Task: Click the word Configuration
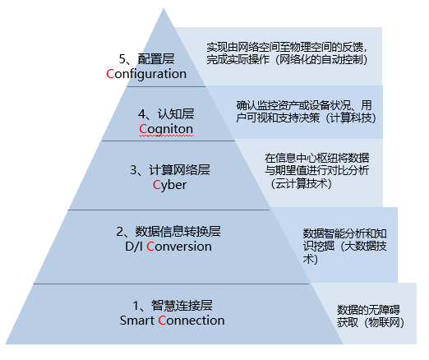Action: (146, 74)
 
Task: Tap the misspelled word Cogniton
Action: (166, 129)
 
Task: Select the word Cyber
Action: (169, 185)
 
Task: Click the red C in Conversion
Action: (150, 247)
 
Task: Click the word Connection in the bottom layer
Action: (191, 321)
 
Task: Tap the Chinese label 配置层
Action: (156, 59)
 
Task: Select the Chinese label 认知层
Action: (176, 114)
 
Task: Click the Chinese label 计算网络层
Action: (179, 170)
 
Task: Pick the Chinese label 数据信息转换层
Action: (178, 232)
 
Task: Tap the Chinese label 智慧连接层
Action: (182, 306)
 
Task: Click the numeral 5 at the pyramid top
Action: (122, 59)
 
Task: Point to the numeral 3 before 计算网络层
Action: (133, 170)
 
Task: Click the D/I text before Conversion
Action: (134, 247)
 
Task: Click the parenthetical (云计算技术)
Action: (301, 183)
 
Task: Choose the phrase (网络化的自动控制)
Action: (321, 59)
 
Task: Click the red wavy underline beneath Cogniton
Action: (166, 136)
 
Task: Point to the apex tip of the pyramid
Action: (164, 8)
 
